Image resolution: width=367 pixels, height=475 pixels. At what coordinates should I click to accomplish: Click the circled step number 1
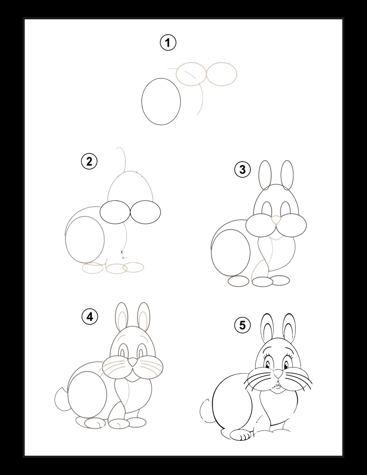[x=168, y=43]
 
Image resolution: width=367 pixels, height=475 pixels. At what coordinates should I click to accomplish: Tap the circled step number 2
[x=89, y=161]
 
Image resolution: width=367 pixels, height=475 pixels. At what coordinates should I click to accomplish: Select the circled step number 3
[x=242, y=169]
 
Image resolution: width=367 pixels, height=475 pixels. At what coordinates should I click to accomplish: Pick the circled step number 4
[x=89, y=317]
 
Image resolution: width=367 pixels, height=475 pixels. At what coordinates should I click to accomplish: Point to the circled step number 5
[x=242, y=326]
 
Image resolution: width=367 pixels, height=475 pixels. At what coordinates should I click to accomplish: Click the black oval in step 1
[x=161, y=101]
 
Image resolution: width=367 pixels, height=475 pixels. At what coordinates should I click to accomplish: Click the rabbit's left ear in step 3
[x=265, y=175]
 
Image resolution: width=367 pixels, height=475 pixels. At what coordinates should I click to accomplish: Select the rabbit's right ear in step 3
[x=287, y=175]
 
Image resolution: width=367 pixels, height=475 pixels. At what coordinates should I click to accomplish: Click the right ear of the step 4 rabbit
[x=144, y=317]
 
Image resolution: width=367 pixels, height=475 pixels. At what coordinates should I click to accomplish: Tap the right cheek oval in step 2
[x=146, y=212]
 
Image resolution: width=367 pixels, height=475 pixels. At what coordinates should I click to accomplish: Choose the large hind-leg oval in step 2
[x=85, y=239]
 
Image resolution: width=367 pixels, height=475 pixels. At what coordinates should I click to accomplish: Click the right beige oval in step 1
[x=221, y=74]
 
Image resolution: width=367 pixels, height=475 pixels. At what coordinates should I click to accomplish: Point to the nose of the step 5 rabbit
[x=278, y=374]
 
